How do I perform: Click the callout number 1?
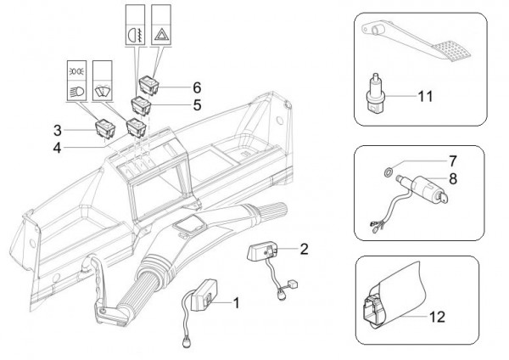237,301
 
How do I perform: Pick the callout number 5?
197,106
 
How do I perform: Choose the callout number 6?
197,87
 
